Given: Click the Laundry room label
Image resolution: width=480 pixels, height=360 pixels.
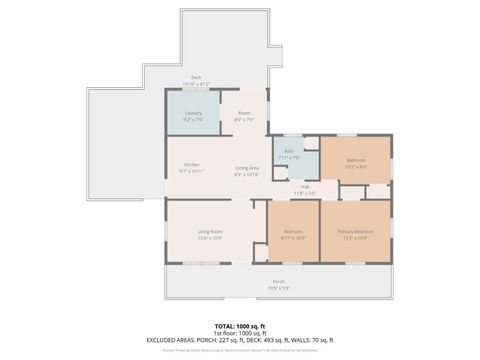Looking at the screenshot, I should click(193, 113).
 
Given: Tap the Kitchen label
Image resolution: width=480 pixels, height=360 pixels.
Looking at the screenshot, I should click(191, 165).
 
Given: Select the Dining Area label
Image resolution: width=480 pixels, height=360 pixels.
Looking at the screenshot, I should click(247, 167).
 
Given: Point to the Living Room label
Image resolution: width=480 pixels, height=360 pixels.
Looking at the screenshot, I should click(209, 231).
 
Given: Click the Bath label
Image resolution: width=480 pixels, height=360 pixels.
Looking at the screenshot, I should click(288, 151).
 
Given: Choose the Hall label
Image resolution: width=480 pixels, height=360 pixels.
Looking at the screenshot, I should click(304, 186).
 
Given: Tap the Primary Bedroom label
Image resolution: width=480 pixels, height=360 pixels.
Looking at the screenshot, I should click(355, 231).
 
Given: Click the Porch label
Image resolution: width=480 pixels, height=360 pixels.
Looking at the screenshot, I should click(278, 282).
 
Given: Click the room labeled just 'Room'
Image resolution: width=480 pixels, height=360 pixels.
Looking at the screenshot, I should click(244, 113).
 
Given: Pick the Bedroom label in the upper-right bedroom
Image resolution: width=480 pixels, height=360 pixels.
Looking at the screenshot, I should click(356, 159).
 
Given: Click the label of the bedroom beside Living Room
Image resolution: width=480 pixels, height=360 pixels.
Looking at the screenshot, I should click(292, 231).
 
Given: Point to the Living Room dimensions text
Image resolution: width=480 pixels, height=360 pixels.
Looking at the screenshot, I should click(209, 237).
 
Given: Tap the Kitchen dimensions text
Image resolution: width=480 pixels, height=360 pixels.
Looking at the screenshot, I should click(191, 172).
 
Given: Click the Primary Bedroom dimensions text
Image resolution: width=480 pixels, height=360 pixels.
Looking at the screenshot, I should click(355, 237).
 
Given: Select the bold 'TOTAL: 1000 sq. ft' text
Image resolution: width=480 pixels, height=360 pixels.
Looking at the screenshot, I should click(239, 326).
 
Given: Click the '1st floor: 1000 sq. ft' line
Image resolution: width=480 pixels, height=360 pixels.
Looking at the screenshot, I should click(239, 333).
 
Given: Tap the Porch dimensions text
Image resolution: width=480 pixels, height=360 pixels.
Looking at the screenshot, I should click(278, 288).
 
